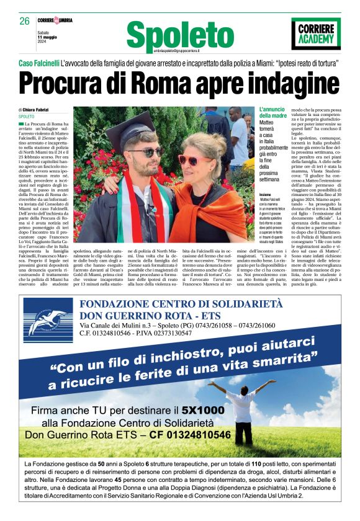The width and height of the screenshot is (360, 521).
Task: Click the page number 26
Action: pyautogui.click(x=24, y=21)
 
